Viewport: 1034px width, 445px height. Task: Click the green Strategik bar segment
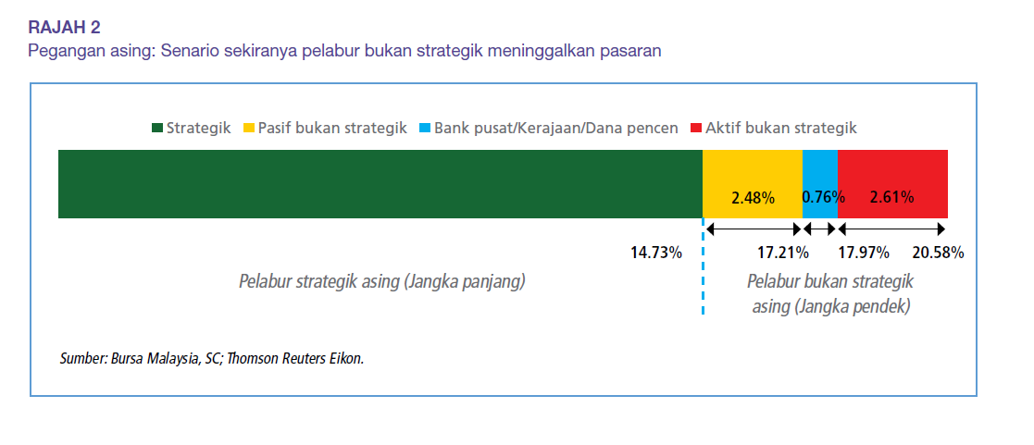click(380, 184)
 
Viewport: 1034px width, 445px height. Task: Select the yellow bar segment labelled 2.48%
click(753, 184)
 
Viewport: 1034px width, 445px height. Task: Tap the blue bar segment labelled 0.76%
click(819, 184)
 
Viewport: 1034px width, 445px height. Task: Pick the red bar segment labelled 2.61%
click(892, 184)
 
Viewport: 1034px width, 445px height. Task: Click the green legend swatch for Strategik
click(157, 129)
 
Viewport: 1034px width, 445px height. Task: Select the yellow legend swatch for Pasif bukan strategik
click(249, 129)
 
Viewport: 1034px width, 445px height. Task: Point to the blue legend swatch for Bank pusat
click(425, 129)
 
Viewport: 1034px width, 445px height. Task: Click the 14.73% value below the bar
click(656, 253)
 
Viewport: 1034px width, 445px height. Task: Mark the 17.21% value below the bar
click(783, 253)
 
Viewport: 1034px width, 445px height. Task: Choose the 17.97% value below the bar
click(863, 253)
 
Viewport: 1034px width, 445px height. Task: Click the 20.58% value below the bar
click(939, 253)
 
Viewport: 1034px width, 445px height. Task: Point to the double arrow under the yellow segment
click(754, 229)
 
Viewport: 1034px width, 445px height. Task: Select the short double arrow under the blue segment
click(819, 229)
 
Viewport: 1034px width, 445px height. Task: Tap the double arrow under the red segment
click(891, 229)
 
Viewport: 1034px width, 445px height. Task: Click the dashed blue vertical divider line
click(703, 266)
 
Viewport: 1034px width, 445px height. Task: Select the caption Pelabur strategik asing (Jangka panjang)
click(381, 282)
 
